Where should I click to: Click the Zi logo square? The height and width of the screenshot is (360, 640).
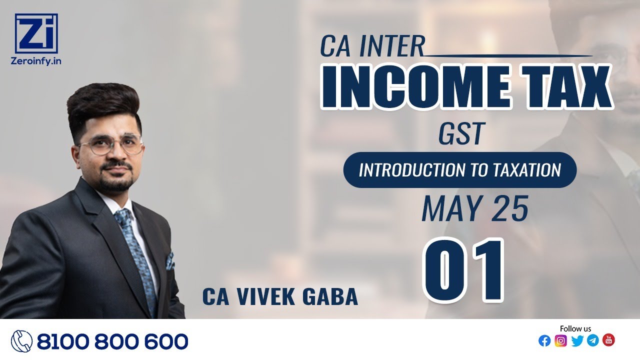click(x=36, y=33)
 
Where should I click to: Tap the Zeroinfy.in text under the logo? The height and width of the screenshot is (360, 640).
click(x=36, y=60)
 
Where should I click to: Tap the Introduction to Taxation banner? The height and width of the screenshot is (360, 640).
click(x=459, y=170)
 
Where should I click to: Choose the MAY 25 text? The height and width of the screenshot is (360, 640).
click(x=474, y=209)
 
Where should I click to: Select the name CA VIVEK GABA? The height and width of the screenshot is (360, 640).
click(x=280, y=296)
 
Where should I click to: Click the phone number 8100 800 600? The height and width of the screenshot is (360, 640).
click(x=112, y=341)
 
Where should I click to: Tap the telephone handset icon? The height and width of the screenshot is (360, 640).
click(x=21, y=341)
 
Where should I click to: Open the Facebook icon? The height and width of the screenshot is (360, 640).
click(x=544, y=341)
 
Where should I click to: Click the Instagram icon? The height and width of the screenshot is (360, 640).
click(x=560, y=341)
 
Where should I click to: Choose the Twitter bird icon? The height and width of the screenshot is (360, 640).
click(x=577, y=341)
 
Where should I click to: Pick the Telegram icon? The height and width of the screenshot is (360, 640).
click(x=592, y=341)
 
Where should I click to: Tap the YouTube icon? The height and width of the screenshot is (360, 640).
click(x=608, y=340)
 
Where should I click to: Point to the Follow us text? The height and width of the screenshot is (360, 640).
click(x=575, y=328)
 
